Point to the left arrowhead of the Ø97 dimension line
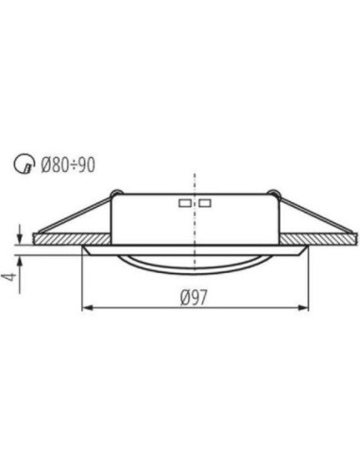[88, 308]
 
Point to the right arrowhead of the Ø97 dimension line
[307, 308]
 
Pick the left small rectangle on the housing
[183, 203]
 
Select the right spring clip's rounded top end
[275, 196]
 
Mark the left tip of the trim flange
[83, 251]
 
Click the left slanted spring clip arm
[76, 215]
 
